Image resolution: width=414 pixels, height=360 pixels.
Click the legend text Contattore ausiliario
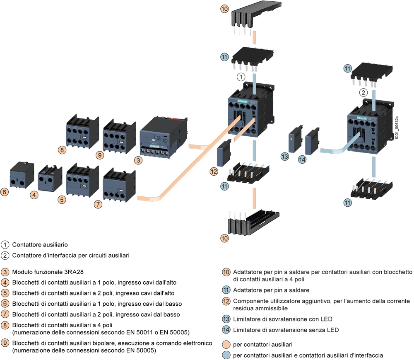pyautogui.click(x=40, y=245)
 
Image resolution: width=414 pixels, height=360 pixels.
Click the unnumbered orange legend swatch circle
pyautogui.click(x=226, y=344)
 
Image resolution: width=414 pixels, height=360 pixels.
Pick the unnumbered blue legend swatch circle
pyautogui.click(x=226, y=355)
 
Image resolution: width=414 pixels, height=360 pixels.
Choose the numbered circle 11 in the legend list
pyautogui.click(x=226, y=290)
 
